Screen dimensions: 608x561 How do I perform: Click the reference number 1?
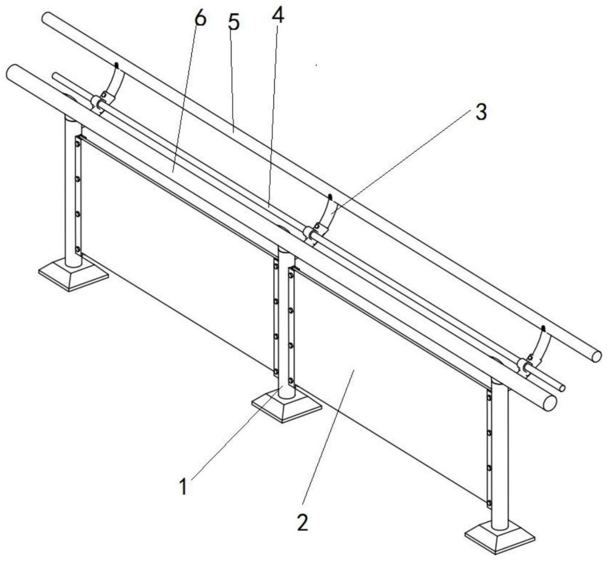pyautogui.click(x=183, y=486)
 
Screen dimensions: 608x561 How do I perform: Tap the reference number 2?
pyautogui.click(x=302, y=522)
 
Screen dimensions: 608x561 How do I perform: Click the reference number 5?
pyautogui.click(x=234, y=23)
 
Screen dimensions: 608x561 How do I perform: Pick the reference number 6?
pyautogui.click(x=199, y=18)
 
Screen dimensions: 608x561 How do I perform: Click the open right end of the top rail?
pyautogui.click(x=596, y=355)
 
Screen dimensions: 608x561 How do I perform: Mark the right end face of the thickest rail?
pyautogui.click(x=549, y=403)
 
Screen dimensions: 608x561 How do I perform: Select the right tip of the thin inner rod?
pyautogui.click(x=562, y=388)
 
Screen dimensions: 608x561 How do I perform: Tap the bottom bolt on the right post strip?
pyautogui.click(x=489, y=503)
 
